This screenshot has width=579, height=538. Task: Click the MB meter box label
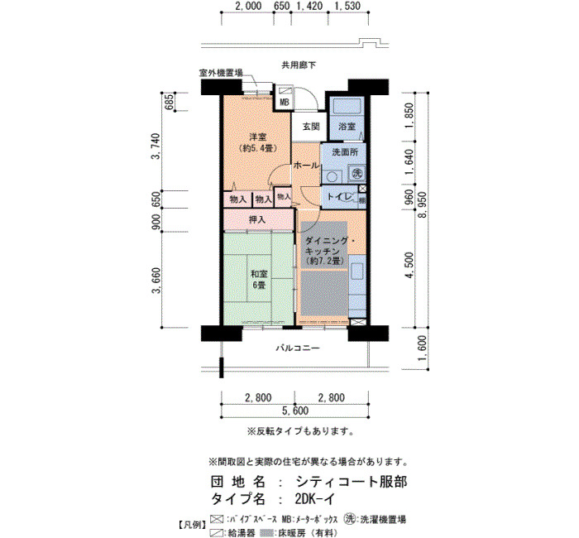click(285, 103)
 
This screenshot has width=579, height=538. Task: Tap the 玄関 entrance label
click(311, 127)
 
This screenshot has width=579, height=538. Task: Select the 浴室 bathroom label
click(347, 127)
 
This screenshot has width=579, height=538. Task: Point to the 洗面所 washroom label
click(345, 151)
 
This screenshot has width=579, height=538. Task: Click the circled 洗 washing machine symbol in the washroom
click(356, 173)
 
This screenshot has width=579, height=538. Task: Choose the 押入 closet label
click(257, 219)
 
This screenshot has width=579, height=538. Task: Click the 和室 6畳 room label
click(259, 280)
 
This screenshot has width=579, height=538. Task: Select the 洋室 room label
click(258, 137)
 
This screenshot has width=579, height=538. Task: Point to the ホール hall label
click(306, 166)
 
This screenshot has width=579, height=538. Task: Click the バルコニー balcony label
click(298, 348)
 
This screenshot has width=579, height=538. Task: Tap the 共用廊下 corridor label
click(299, 65)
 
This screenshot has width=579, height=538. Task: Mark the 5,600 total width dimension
click(295, 411)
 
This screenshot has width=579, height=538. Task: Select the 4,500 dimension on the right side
click(409, 267)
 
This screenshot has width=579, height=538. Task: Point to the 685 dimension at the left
click(169, 103)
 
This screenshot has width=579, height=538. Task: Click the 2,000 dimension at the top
click(248, 6)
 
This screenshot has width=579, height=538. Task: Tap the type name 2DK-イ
click(315, 499)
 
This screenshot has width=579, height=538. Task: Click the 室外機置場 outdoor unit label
click(221, 73)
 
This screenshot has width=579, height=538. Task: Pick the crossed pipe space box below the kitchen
click(356, 322)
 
